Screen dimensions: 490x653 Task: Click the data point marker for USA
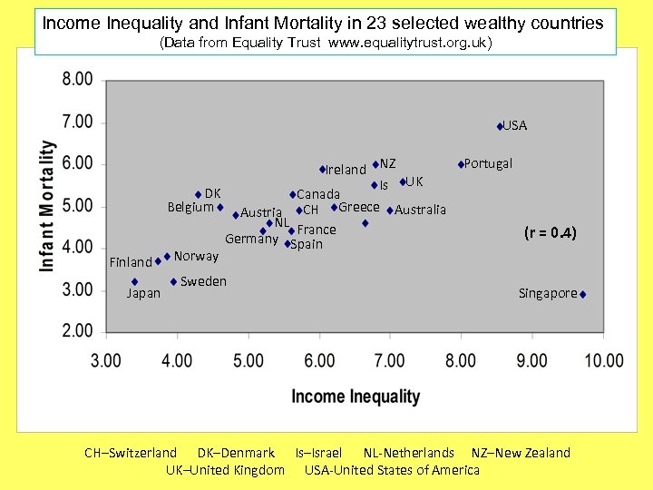pyautogui.click(x=500, y=126)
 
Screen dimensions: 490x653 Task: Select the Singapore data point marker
pyautogui.click(x=582, y=294)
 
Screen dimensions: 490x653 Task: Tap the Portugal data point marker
pyautogui.click(x=461, y=164)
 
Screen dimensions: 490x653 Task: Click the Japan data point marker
pyautogui.click(x=134, y=281)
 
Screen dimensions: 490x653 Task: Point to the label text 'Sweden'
pyautogui.click(x=203, y=281)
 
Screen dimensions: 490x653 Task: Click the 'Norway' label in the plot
pyautogui.click(x=196, y=256)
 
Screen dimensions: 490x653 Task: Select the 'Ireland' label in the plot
pyautogui.click(x=346, y=170)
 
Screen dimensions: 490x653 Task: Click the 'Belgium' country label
pyautogui.click(x=190, y=207)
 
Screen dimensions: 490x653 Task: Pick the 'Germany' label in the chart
pyautogui.click(x=251, y=240)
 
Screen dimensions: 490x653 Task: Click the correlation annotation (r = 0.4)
pyautogui.click(x=550, y=233)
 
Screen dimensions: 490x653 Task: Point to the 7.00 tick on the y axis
pyautogui.click(x=77, y=122)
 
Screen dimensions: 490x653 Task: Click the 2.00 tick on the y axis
pyautogui.click(x=77, y=332)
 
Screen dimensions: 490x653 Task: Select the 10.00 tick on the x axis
pyautogui.click(x=603, y=361)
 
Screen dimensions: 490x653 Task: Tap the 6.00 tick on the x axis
pyautogui.click(x=319, y=361)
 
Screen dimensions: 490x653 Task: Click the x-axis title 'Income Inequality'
pyautogui.click(x=356, y=397)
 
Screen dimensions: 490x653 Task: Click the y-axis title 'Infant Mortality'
pyautogui.click(x=47, y=205)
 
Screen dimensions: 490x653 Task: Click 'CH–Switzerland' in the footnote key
pyautogui.click(x=131, y=453)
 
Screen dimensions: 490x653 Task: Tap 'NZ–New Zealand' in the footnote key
pyautogui.click(x=521, y=453)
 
